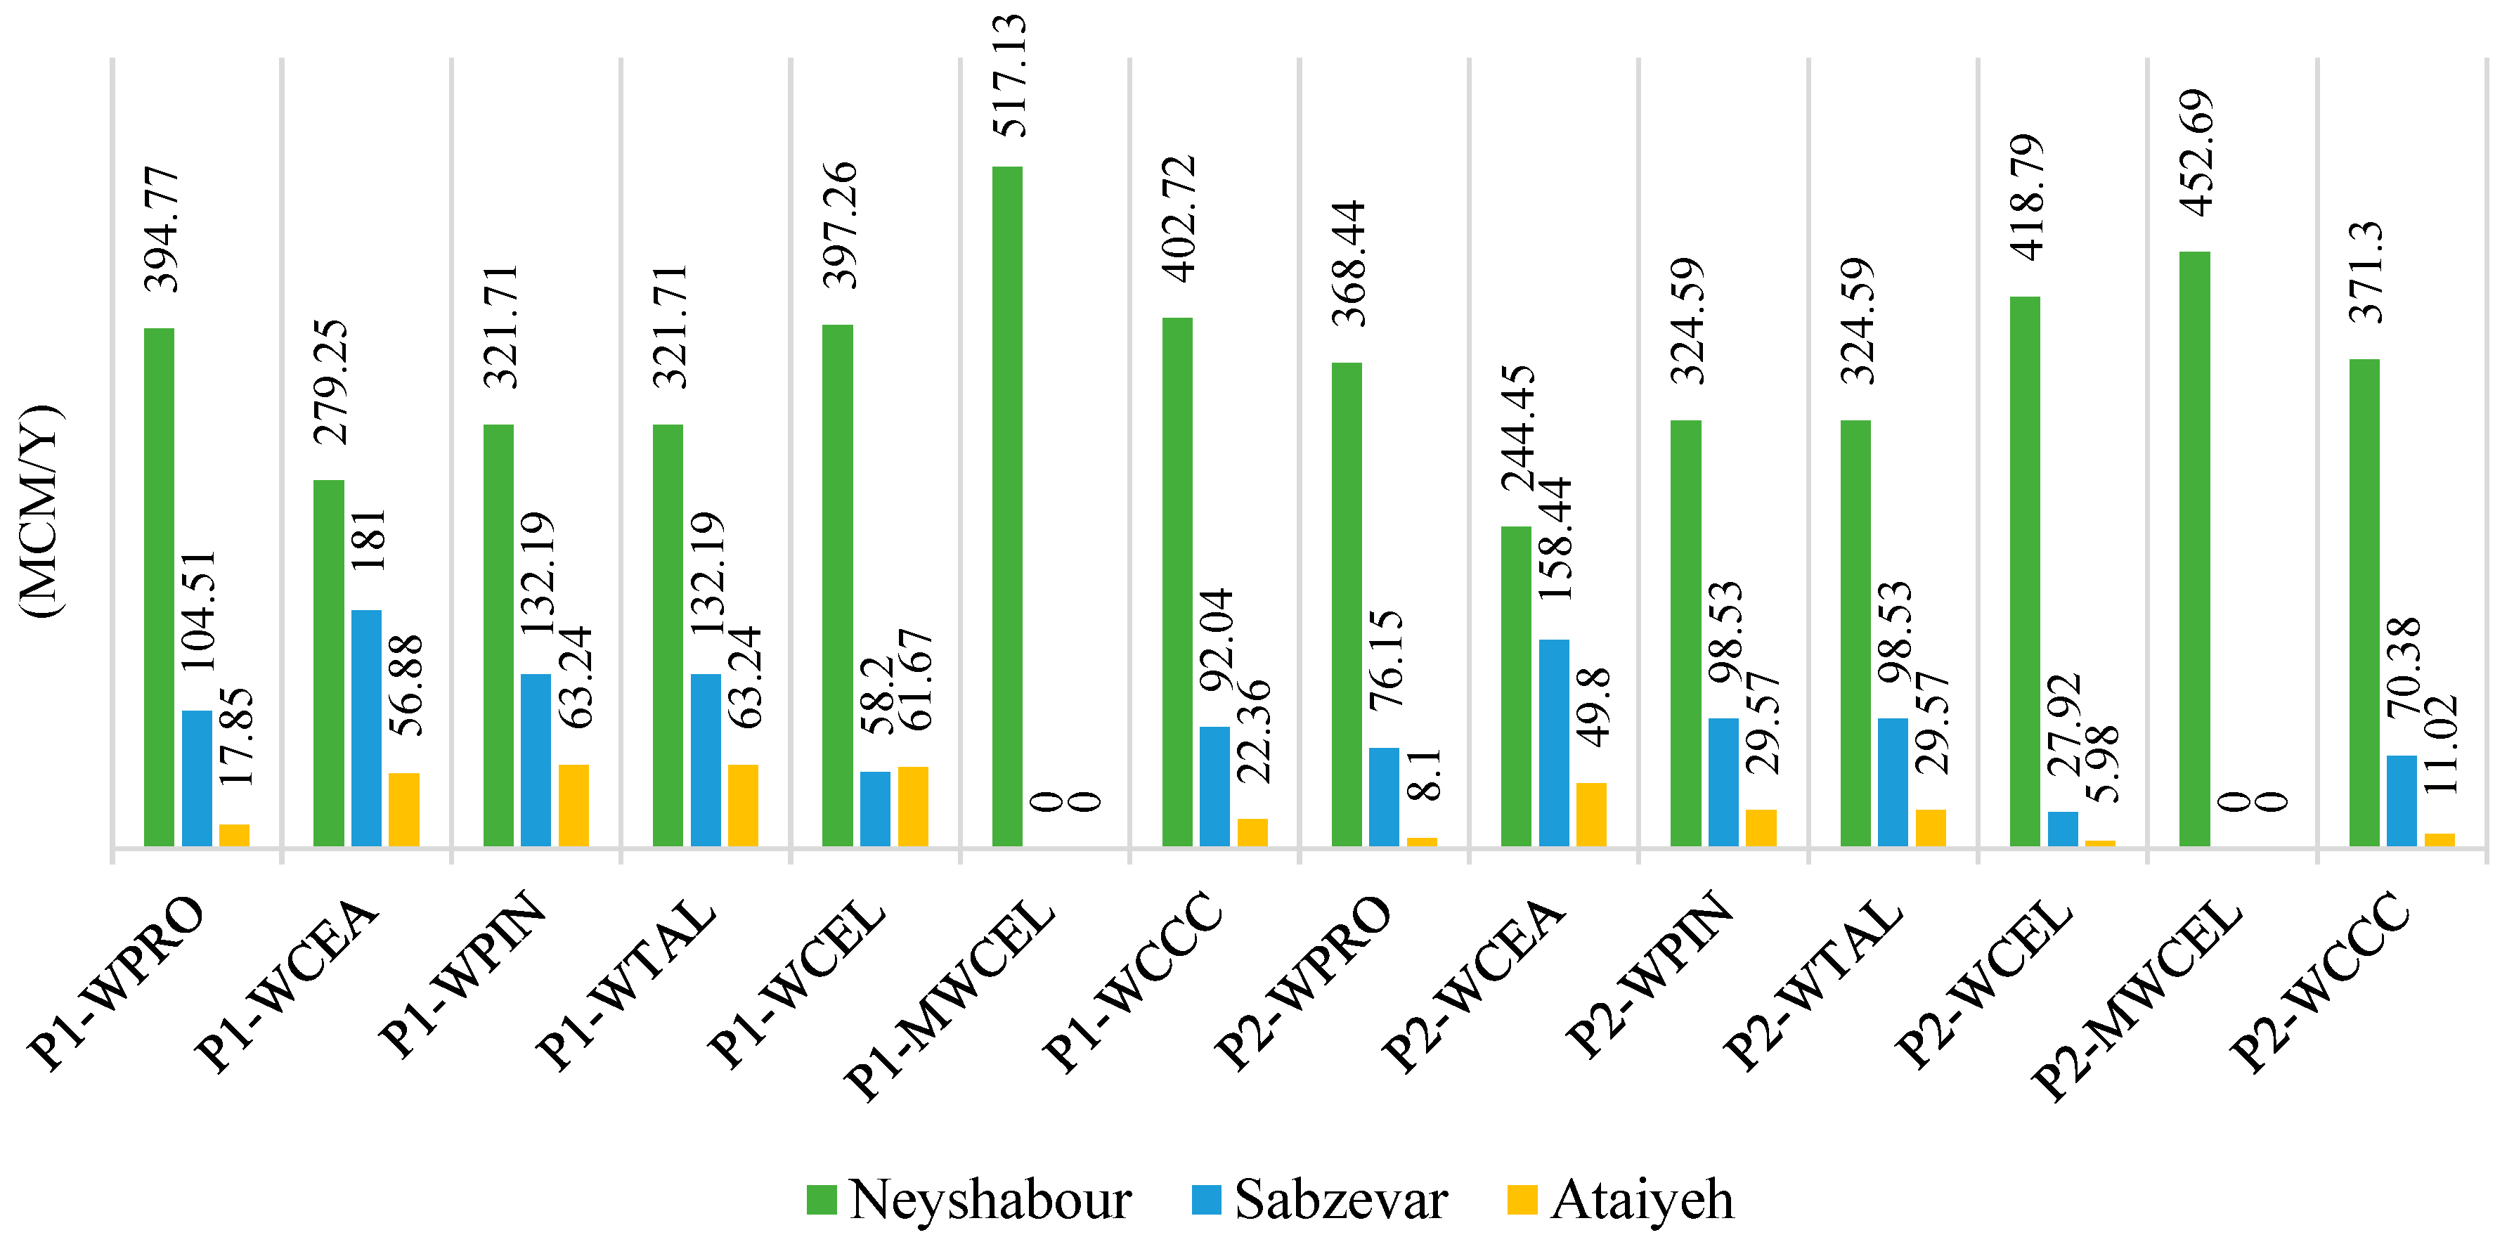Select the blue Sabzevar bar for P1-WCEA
tap(366, 727)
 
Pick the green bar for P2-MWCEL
tap(2194, 548)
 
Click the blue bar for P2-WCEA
tap(1554, 742)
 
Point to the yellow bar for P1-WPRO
tap(234, 835)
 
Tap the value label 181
tap(369, 540)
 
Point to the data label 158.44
tap(1555, 538)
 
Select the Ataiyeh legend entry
tap(1620, 1199)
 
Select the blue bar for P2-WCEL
tap(2062, 828)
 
